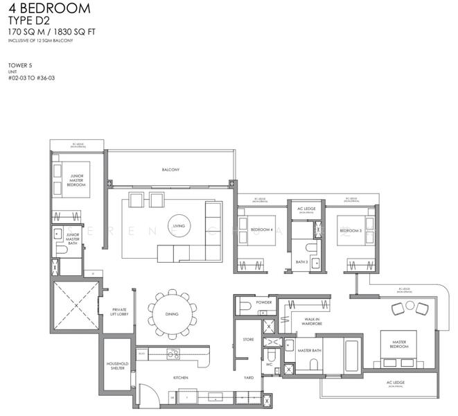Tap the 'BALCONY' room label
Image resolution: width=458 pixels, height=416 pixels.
pos(170,170)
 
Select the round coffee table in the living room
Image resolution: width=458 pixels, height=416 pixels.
pos(179,218)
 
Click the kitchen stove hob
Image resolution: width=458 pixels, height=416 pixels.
pos(173,354)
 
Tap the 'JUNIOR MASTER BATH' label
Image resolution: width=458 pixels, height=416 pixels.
pos(71,239)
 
